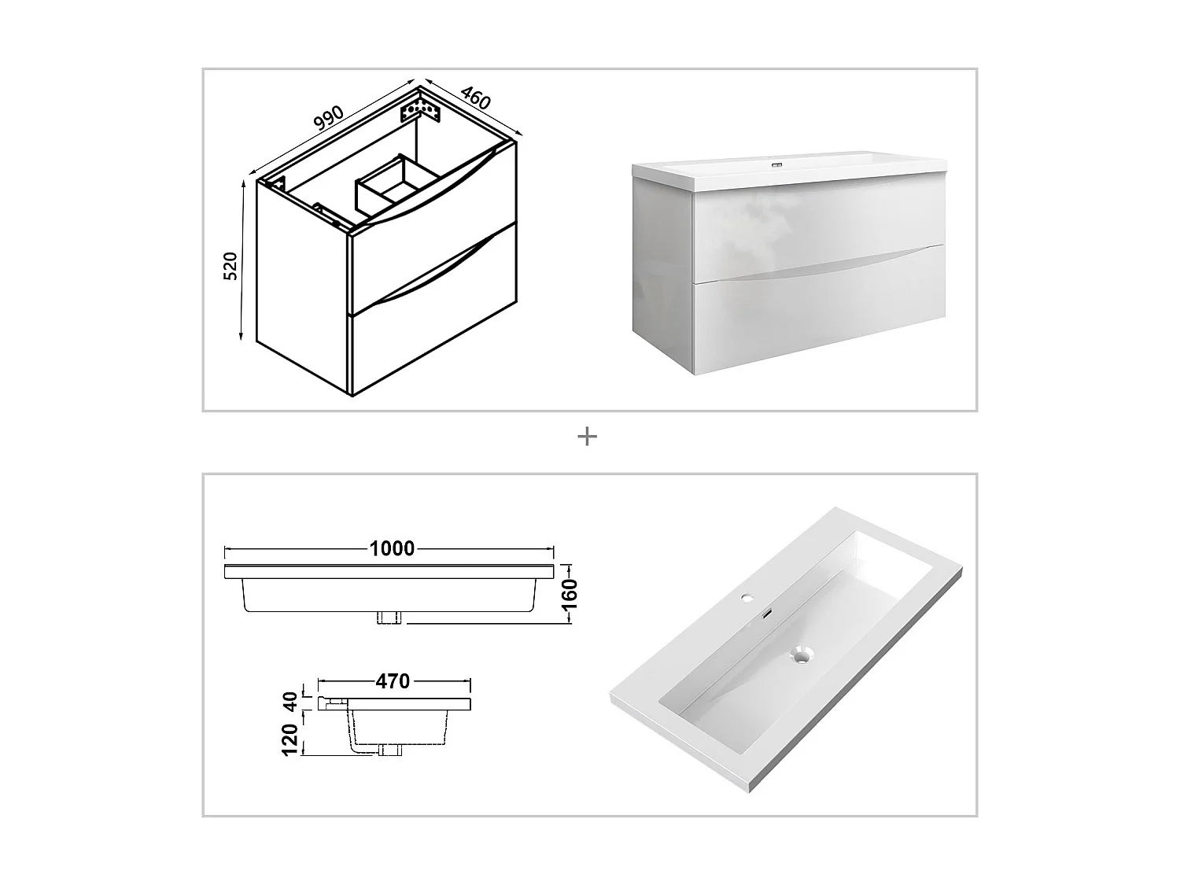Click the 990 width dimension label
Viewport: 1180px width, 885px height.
pos(329,117)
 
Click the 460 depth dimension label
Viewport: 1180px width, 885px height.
pos(475,98)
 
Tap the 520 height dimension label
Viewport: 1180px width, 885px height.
pos(230,266)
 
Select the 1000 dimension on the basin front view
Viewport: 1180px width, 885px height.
pos(392,548)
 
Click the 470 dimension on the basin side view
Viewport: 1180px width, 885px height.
pos(393,680)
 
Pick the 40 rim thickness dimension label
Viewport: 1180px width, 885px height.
pos(290,700)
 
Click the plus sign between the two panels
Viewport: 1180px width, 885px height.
pos(587,436)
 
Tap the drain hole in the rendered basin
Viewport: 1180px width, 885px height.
pos(801,655)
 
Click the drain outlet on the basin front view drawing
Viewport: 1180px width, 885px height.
pos(390,618)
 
